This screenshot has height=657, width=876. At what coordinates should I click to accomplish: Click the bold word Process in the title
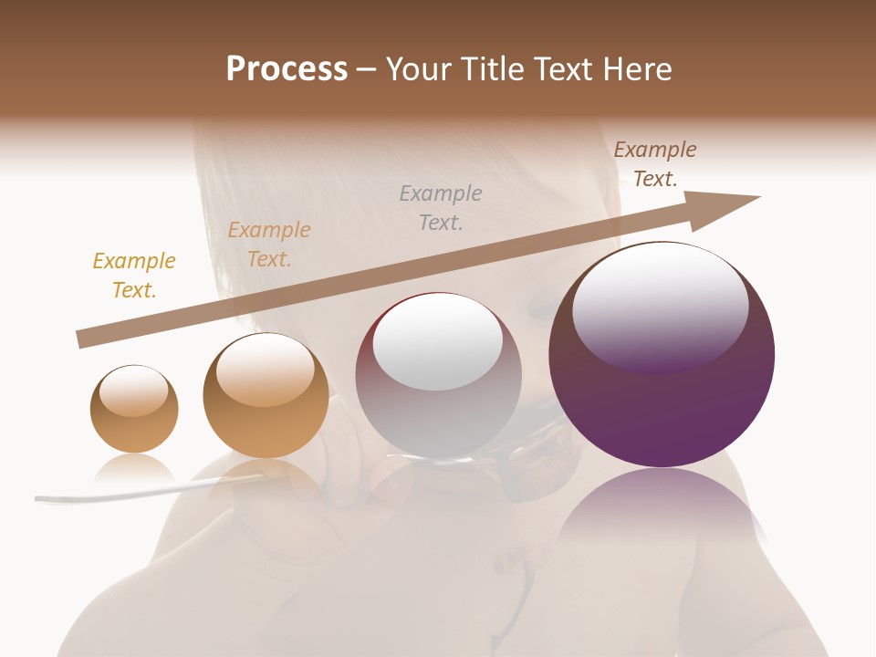tap(287, 69)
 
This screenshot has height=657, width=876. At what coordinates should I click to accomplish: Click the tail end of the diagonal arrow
tap(84, 339)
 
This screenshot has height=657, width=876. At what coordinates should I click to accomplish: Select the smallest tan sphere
tap(134, 409)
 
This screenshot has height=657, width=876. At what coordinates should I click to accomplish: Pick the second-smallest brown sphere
tap(266, 395)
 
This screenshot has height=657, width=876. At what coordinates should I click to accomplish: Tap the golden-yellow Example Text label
tap(134, 276)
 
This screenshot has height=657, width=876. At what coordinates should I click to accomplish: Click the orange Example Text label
tap(269, 245)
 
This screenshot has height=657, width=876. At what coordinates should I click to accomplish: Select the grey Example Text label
tap(441, 207)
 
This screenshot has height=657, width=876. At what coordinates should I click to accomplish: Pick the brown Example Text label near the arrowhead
tap(655, 164)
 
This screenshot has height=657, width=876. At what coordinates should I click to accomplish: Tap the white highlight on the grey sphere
tap(438, 339)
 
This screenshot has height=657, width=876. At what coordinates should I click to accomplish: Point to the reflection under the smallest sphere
tap(134, 469)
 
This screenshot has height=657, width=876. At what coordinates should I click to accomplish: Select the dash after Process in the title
tap(366, 69)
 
